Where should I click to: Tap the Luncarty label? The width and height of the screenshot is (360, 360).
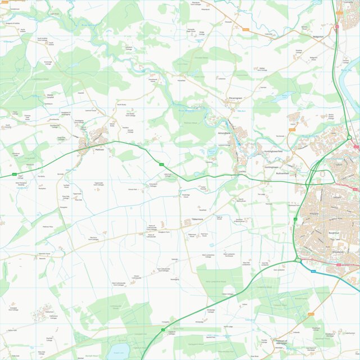pos(348,2)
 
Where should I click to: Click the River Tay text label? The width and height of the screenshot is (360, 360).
pos(345,70)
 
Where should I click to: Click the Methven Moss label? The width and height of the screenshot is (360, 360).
pos(48,226)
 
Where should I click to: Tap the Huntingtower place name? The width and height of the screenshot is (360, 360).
pos(272,167)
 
